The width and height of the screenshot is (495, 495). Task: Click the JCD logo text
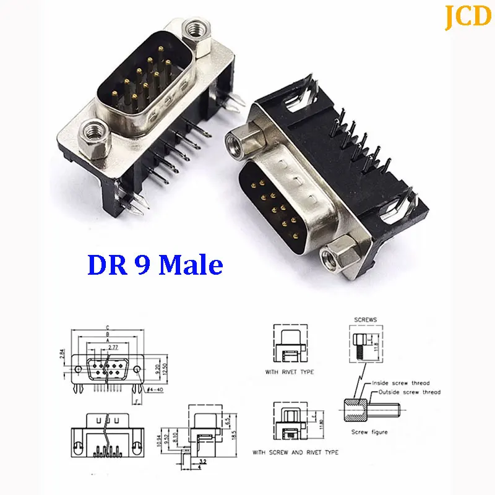[x=467, y=17]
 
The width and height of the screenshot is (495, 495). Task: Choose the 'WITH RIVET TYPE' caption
[x=288, y=372]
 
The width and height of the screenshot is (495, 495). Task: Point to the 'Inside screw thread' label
[x=403, y=383]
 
